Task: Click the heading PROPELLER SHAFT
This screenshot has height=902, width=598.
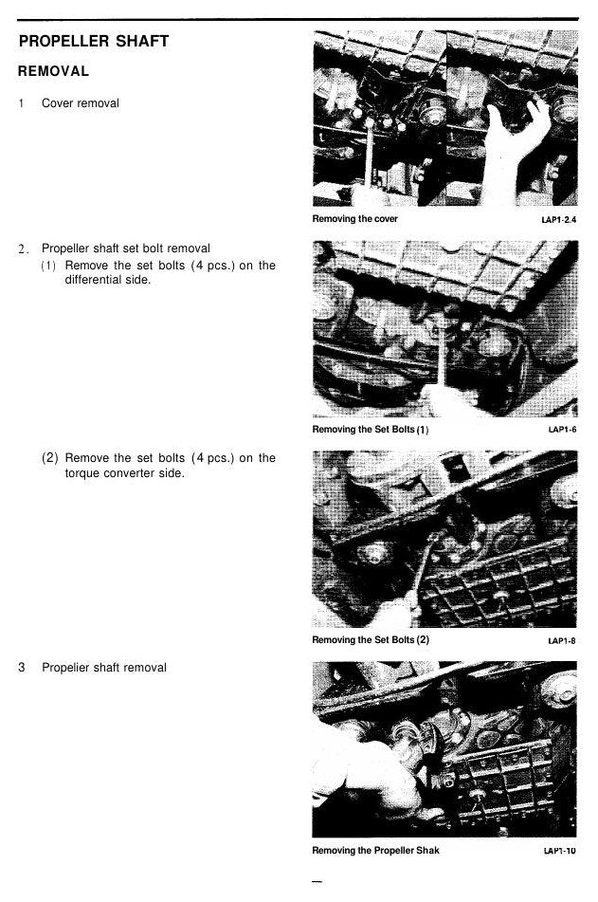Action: (x=94, y=42)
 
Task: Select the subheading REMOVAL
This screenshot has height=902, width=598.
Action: (x=53, y=71)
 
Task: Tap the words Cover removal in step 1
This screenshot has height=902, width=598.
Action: (x=81, y=103)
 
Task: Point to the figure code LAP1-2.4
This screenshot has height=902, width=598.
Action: (x=558, y=220)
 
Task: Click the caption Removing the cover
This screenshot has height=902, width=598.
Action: (x=354, y=218)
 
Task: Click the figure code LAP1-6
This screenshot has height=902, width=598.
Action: (x=562, y=430)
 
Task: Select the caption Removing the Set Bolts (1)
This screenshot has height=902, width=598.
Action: (x=371, y=429)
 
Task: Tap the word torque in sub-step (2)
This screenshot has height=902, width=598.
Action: (x=82, y=473)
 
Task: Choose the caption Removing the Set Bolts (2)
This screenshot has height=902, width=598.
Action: (x=371, y=639)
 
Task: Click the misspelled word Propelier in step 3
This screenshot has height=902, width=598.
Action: (x=65, y=668)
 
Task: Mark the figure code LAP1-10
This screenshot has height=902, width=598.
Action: (x=559, y=851)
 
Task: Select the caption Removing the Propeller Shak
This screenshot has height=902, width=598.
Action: (x=375, y=850)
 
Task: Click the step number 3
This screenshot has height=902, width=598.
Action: (x=21, y=668)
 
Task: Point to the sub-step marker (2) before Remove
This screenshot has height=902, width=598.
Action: (x=49, y=458)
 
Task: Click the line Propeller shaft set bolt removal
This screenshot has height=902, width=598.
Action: (x=126, y=249)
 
